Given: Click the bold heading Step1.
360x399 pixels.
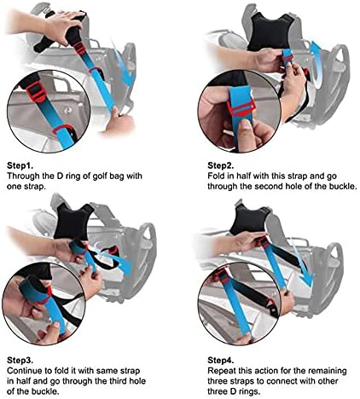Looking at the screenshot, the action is pos(20,165).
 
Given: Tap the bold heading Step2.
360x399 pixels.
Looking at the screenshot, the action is pos(221,165).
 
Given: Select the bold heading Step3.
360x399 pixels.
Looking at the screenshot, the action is pos(20,361).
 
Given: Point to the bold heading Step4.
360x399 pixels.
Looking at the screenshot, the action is pos(221,361).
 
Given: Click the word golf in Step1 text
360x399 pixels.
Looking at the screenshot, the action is pos(101,176).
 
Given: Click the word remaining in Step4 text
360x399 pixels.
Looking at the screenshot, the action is pos(328,371).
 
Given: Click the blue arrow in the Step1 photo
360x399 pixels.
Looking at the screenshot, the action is pos(122,64).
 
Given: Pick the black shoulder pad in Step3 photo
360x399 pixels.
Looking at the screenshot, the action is pos(73,222).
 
